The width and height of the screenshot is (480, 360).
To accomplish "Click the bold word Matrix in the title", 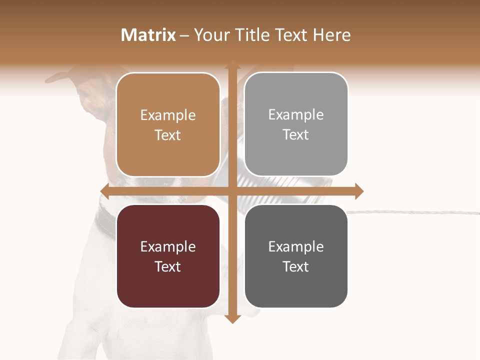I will [148, 35].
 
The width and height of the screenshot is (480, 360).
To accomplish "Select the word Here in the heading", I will [331, 35].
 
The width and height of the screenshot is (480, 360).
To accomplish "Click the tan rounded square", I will [168, 124].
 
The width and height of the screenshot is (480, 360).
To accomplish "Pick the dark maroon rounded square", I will [168, 256].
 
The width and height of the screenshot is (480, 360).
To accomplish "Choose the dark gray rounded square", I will [296, 256].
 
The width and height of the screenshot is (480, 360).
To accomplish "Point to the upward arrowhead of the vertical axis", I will [232, 65].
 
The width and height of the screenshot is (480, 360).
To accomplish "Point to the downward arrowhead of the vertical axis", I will [232, 319].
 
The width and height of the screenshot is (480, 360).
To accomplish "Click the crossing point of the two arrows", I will [232, 191].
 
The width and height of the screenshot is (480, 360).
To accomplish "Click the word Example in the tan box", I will [168, 115].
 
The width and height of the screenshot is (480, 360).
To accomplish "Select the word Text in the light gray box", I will [296, 134].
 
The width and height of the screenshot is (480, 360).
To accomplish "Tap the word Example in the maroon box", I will [168, 247].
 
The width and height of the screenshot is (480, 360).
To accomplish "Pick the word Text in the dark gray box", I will [296, 266].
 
